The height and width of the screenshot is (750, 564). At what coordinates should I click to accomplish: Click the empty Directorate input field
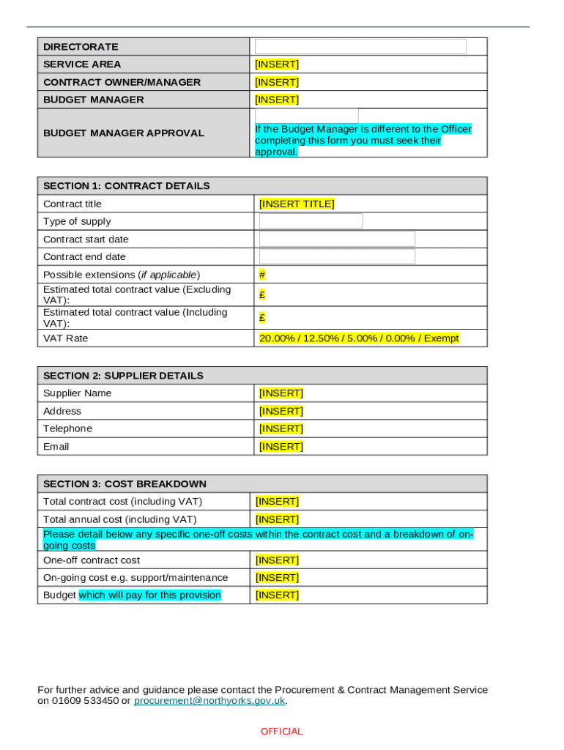[x=360, y=46]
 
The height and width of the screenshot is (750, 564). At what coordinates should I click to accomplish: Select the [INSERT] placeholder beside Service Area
[x=276, y=64]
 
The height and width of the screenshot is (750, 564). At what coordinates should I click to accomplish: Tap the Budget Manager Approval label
[x=124, y=133]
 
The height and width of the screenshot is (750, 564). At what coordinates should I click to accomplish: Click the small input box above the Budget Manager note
[x=306, y=116]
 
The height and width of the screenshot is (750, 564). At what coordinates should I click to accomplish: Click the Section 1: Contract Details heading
[x=126, y=186]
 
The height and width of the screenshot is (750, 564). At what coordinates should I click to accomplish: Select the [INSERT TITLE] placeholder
[x=297, y=204]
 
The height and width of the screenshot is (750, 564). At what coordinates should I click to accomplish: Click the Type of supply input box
[x=311, y=221]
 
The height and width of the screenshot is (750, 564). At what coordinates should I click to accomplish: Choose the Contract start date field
[x=337, y=239]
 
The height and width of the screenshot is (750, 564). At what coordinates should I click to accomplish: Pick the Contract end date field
[x=337, y=256]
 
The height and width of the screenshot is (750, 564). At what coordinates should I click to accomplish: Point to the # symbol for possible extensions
[x=262, y=275]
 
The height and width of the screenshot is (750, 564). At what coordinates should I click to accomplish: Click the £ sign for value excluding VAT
[x=262, y=294]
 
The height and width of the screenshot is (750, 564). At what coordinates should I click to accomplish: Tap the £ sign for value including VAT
[x=262, y=318]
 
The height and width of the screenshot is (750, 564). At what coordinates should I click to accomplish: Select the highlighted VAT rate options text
[x=359, y=338]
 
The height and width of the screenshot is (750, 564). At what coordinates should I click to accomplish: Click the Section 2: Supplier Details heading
[x=123, y=376]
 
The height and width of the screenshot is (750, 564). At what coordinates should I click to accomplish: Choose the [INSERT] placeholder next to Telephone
[x=281, y=428]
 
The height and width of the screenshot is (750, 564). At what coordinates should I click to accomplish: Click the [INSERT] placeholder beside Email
[x=281, y=446]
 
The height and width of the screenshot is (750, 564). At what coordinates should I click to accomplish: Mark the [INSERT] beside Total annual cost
[x=276, y=519]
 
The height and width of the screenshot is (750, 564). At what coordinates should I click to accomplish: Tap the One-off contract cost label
[x=92, y=560]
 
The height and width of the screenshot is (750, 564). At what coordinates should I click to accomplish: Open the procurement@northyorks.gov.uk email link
[x=209, y=701]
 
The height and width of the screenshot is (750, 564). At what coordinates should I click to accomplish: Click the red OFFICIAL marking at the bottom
[x=281, y=732]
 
